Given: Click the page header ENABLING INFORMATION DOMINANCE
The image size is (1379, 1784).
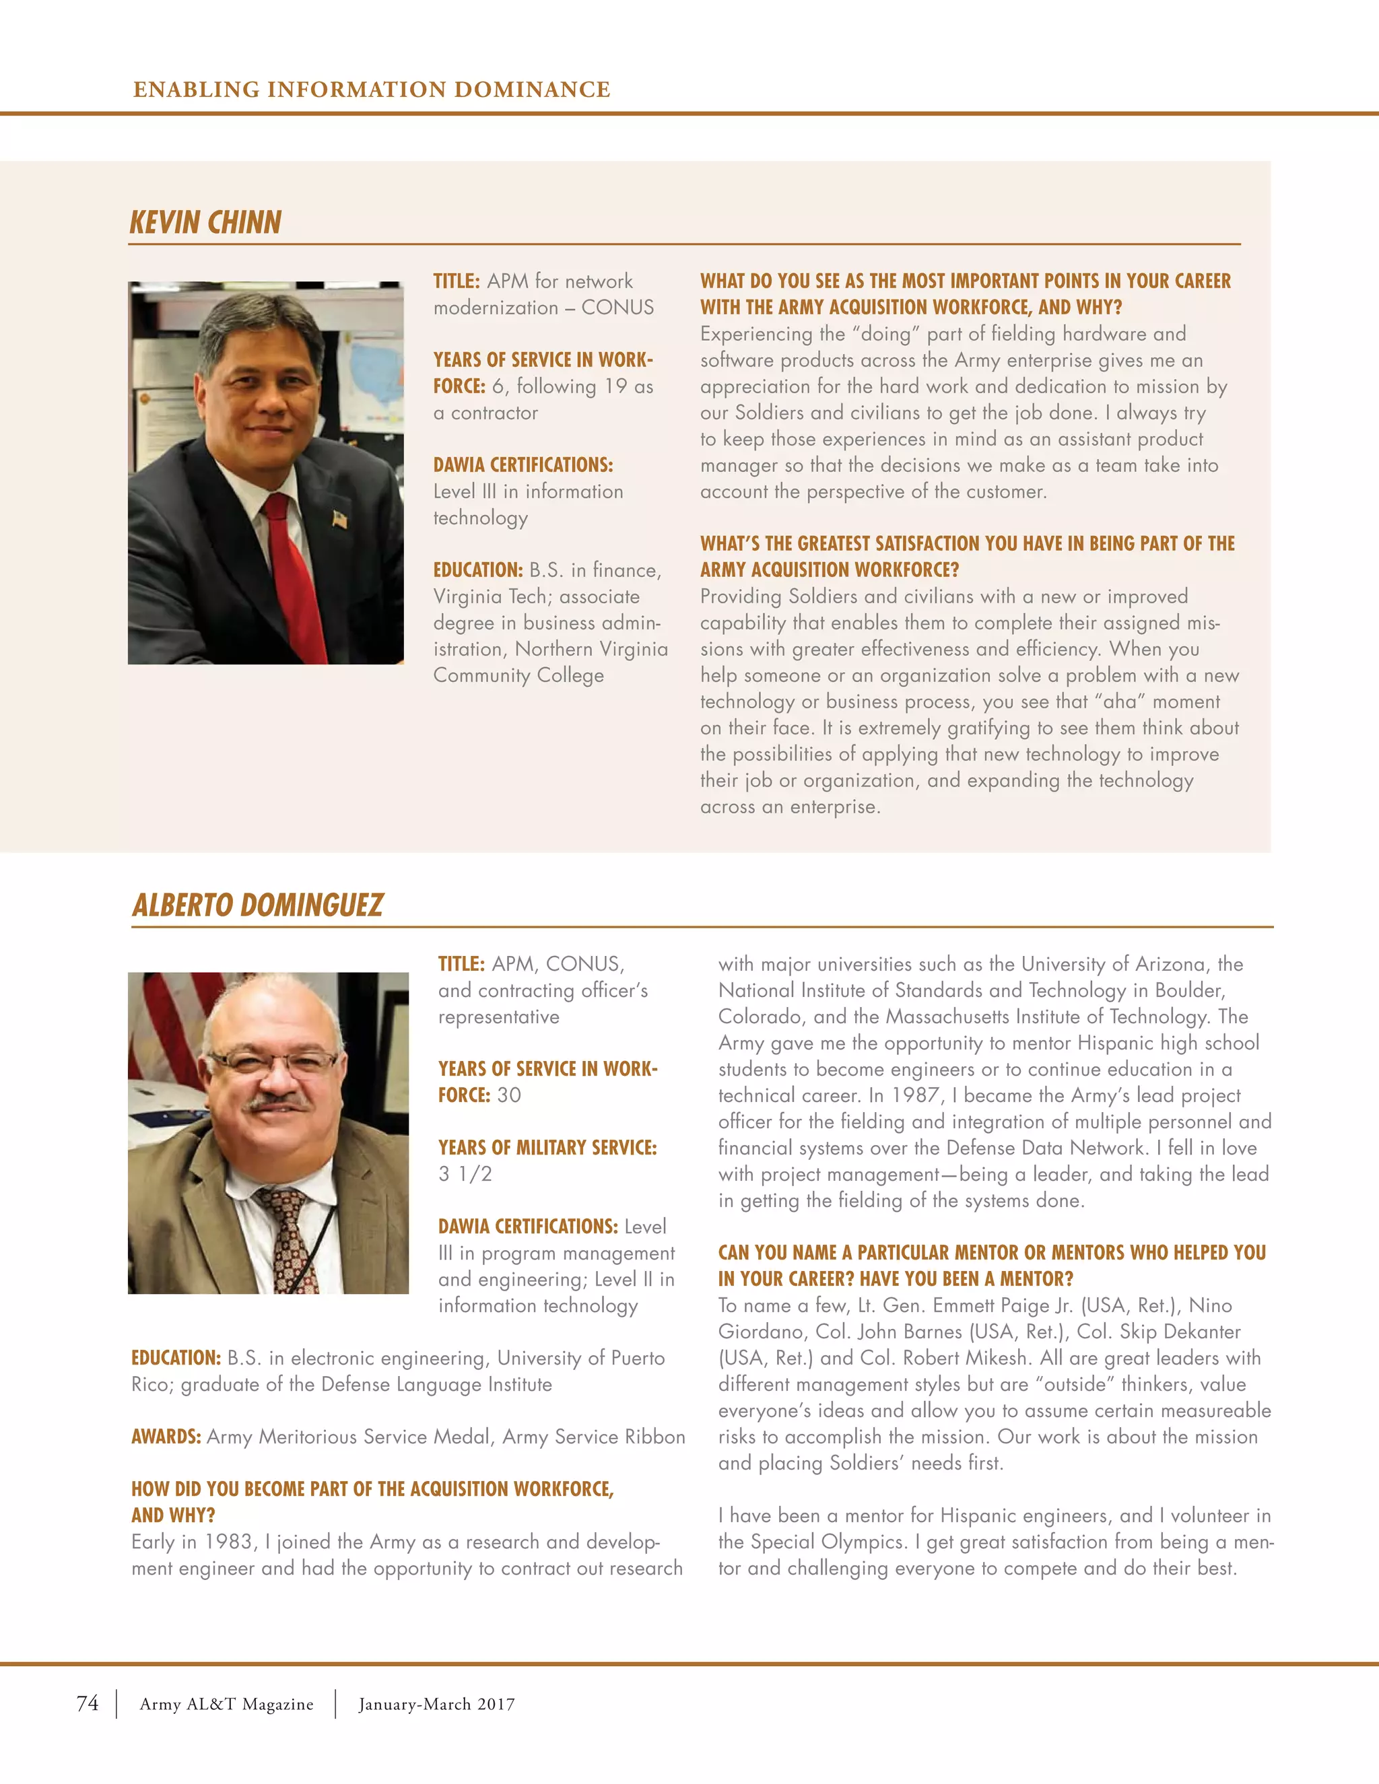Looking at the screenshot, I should [372, 89].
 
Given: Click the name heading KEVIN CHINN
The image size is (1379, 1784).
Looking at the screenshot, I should [205, 222].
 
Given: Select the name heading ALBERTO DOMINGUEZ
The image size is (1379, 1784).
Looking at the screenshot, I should [257, 905].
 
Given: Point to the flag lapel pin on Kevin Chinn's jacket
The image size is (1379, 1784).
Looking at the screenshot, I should [340, 518].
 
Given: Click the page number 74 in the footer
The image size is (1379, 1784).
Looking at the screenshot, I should [88, 1703].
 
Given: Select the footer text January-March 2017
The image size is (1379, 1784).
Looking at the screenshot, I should [436, 1704].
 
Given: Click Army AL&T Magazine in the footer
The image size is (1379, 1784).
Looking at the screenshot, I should [226, 1704].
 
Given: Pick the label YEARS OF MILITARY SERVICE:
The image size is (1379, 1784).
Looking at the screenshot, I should [547, 1148].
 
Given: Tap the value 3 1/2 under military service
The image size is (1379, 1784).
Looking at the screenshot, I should [465, 1174].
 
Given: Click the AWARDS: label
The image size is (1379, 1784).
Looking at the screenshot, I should [166, 1437].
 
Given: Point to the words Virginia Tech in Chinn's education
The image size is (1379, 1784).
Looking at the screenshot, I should [485, 596].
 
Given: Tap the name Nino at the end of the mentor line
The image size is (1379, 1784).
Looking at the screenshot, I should [1210, 1305].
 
